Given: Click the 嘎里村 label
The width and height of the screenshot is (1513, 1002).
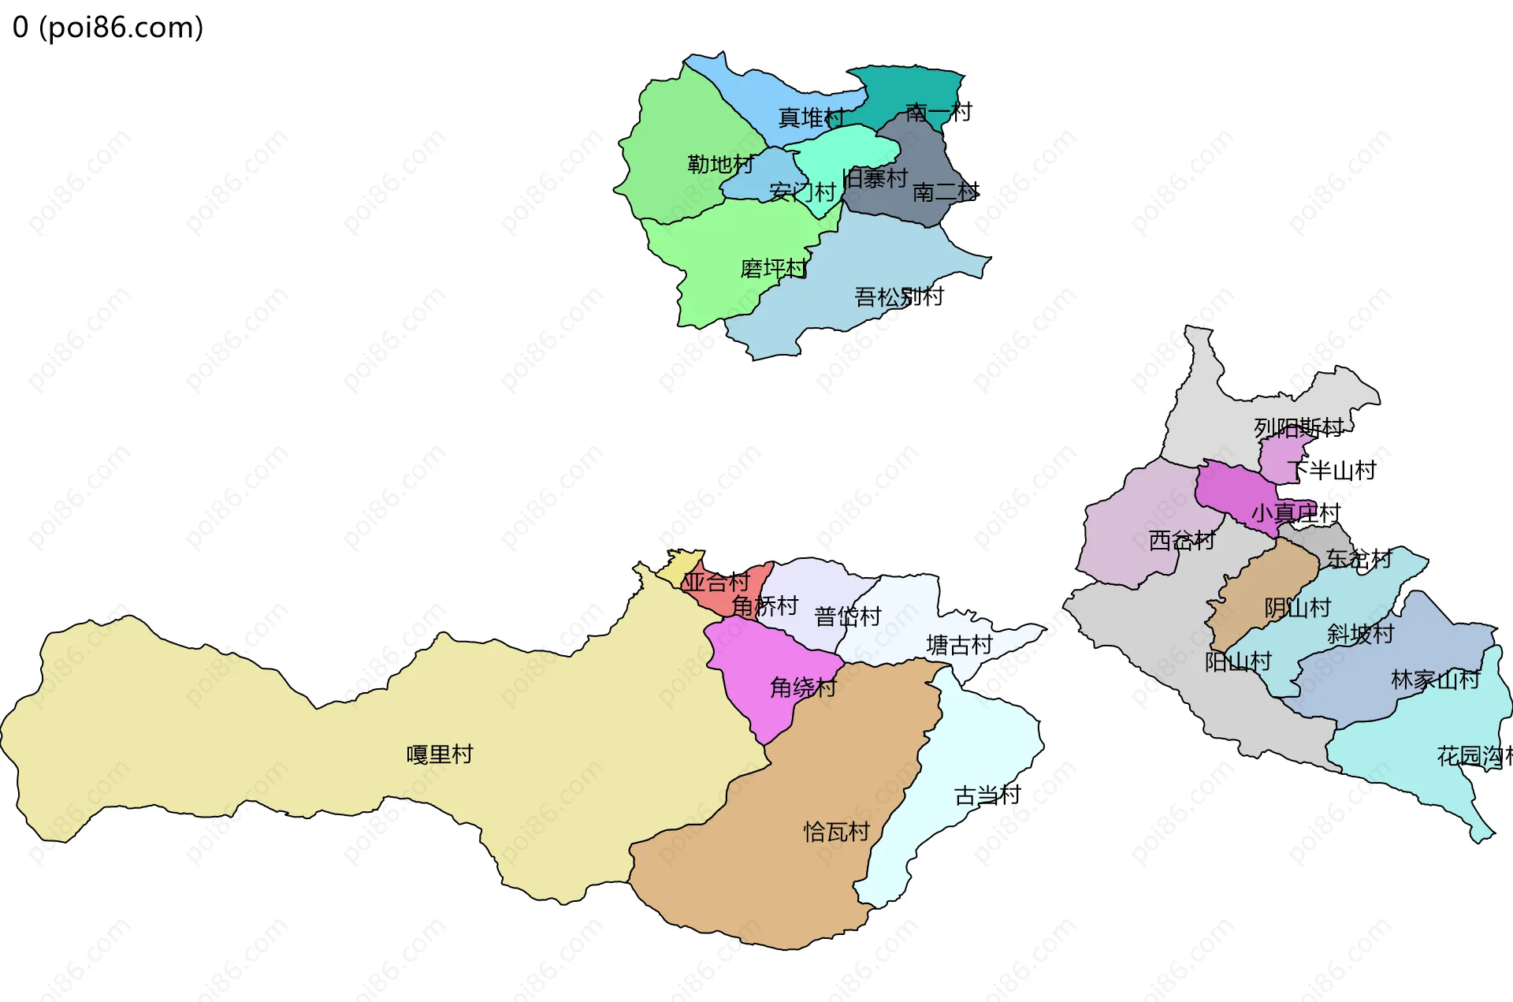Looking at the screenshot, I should [440, 754].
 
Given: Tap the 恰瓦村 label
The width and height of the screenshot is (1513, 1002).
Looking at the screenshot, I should [836, 832].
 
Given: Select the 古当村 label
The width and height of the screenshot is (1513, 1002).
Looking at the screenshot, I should [987, 795].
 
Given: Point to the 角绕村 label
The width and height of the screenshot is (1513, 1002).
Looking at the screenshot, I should [803, 687].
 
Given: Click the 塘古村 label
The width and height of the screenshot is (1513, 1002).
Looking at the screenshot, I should [959, 646].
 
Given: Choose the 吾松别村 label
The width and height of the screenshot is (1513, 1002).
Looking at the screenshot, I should [899, 297].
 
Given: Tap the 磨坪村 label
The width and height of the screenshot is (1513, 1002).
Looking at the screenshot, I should [773, 269].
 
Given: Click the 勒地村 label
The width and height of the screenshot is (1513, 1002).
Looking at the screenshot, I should [720, 164].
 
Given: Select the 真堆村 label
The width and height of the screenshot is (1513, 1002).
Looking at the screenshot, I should [811, 117].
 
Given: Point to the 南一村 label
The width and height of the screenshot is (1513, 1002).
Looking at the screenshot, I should [939, 112].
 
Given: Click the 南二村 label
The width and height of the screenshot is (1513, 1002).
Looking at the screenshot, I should [946, 192].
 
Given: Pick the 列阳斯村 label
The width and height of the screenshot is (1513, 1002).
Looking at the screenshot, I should [1299, 428].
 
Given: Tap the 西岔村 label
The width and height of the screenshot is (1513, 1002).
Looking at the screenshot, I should [1181, 541].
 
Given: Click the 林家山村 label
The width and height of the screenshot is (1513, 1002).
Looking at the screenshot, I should [1435, 680].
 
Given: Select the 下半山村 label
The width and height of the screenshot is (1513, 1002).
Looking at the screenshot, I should [1332, 471].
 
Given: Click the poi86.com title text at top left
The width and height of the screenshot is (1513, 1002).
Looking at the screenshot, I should [108, 28].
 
